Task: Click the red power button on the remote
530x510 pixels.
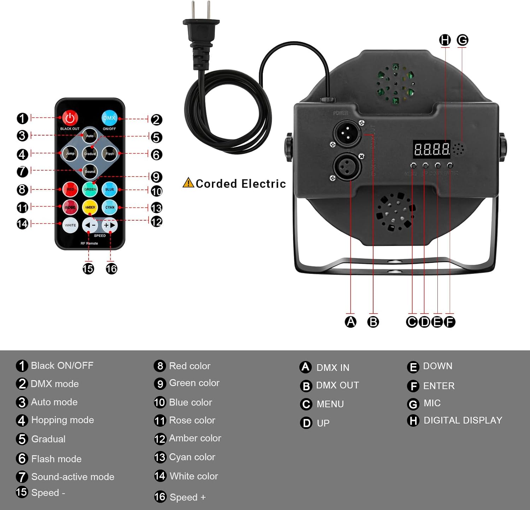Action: click(70, 118)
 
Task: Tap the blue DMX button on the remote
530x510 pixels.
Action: click(109, 118)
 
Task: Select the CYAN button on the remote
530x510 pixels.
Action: click(110, 207)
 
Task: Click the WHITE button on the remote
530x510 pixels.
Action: click(70, 225)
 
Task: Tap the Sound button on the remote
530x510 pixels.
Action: click(90, 172)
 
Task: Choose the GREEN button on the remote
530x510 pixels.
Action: click(90, 190)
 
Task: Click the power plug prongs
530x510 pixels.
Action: click(201, 11)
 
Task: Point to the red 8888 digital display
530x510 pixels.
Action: click(431, 149)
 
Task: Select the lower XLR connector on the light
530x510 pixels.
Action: click(347, 167)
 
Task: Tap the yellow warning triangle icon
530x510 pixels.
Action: click(188, 183)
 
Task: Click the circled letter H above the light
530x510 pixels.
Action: click(445, 40)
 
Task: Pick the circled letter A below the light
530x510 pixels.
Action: click(351, 322)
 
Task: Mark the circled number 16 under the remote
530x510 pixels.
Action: click(111, 269)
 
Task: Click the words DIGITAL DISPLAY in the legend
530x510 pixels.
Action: click(463, 420)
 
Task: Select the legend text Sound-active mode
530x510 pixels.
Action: click(72, 477)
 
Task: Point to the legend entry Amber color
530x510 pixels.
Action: click(195, 438)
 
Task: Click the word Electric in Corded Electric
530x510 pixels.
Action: click(264, 184)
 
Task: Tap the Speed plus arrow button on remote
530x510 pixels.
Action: click(110, 225)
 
